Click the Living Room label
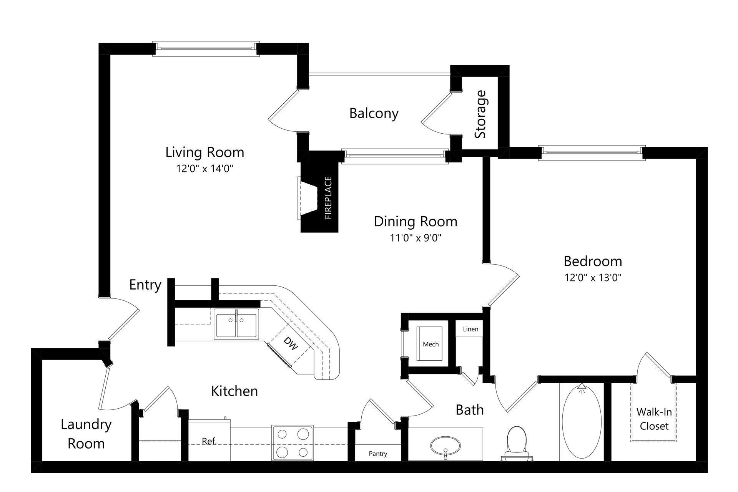(x=204, y=152)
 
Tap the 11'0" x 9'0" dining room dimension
(x=416, y=238)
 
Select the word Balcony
(x=374, y=114)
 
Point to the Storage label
(x=480, y=114)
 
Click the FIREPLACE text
(x=328, y=198)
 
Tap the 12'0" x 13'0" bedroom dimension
(x=593, y=278)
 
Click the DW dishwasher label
(x=291, y=343)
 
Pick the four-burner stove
(x=292, y=443)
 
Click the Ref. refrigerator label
(x=209, y=442)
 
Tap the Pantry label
(x=378, y=454)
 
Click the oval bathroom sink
(x=445, y=446)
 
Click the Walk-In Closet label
(x=654, y=419)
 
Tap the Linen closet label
(x=470, y=329)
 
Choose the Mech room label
(x=430, y=345)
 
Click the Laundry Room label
(x=86, y=434)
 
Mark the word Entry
(x=145, y=285)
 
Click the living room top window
(x=206, y=49)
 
